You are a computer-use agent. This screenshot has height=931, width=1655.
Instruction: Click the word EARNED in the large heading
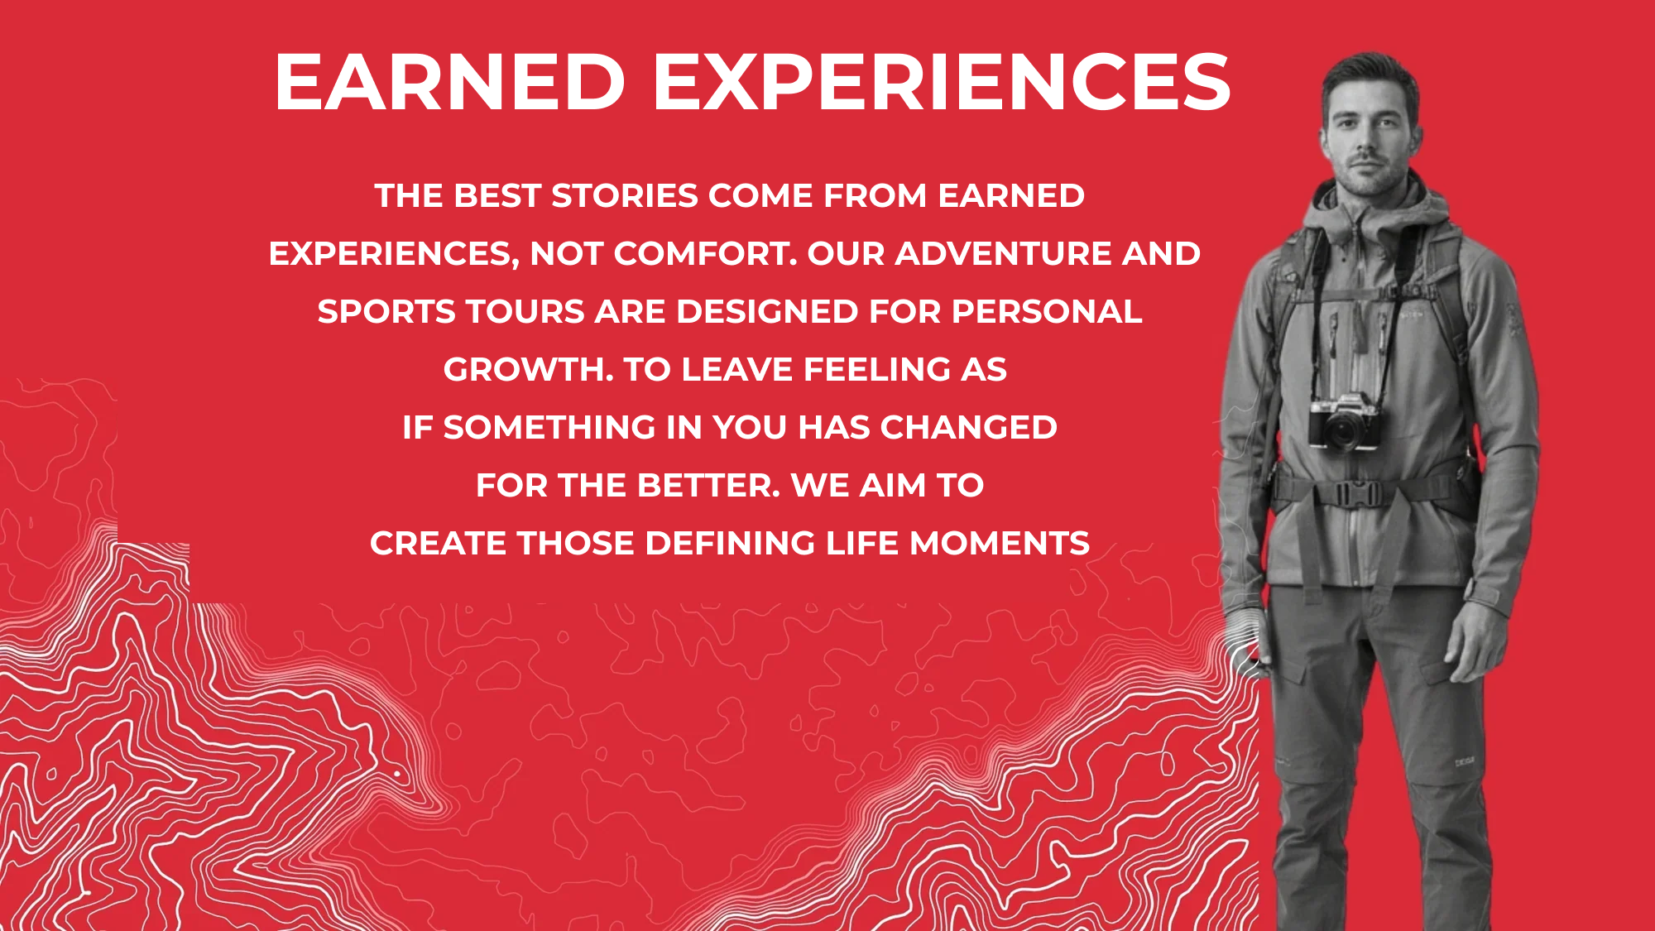(449, 81)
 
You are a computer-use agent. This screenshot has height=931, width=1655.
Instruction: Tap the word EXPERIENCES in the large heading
(943, 81)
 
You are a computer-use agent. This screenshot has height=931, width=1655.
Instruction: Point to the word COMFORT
(706, 254)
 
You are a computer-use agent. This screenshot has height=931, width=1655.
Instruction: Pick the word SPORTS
(386, 312)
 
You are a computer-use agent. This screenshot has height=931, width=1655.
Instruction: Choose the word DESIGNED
(767, 312)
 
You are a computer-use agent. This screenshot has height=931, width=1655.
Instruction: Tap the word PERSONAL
(1047, 312)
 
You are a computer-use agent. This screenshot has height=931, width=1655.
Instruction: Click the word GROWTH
(528, 370)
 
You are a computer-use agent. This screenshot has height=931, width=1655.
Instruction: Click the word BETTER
(709, 486)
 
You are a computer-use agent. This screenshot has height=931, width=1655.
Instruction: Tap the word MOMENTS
(1000, 544)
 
